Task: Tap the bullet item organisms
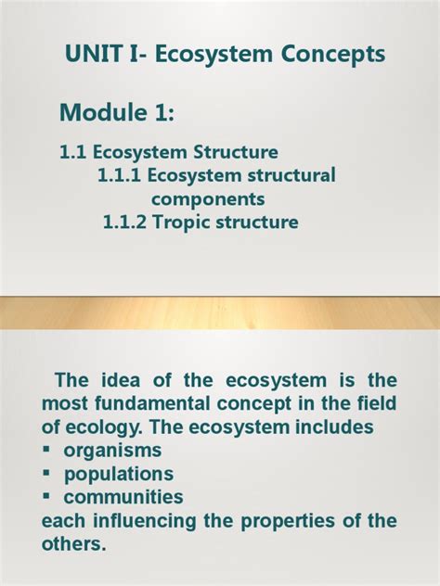point(112,450)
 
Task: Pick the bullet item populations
point(118,474)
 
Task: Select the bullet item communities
point(123,497)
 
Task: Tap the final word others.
point(74,544)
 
